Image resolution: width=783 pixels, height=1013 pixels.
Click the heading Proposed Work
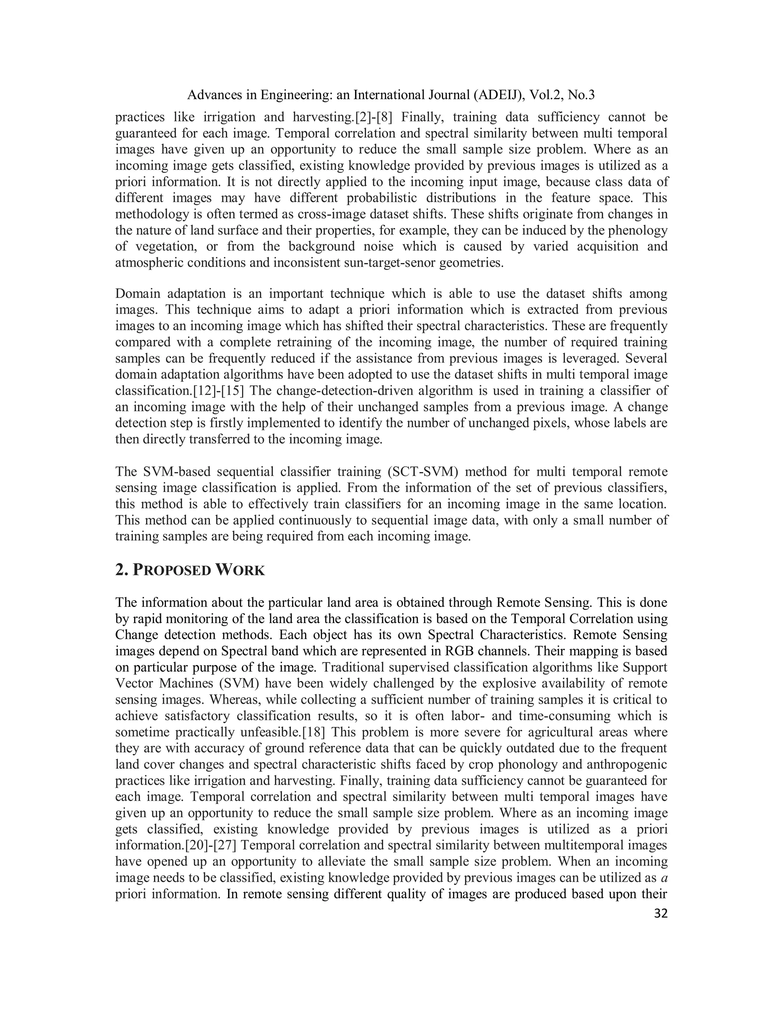coord(190,570)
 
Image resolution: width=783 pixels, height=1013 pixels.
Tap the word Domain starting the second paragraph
coord(138,294)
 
